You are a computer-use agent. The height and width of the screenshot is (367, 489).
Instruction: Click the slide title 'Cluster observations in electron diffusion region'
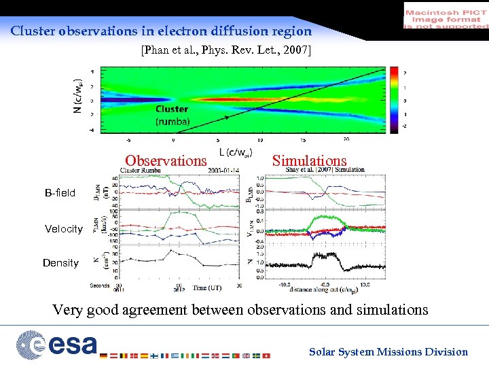click(x=161, y=31)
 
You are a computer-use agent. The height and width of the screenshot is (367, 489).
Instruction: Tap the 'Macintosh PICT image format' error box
click(x=446, y=16)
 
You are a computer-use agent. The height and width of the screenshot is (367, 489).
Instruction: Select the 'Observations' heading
click(x=165, y=161)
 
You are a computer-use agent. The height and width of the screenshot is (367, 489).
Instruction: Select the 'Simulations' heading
click(x=309, y=161)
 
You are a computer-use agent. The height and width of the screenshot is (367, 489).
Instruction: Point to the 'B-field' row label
click(x=60, y=193)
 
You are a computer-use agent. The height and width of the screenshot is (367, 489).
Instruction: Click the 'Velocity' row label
click(x=63, y=229)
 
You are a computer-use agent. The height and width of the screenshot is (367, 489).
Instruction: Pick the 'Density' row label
click(x=60, y=263)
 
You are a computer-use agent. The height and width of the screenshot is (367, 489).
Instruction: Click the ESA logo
click(x=57, y=344)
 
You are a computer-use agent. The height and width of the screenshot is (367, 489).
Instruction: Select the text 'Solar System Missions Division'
click(x=388, y=351)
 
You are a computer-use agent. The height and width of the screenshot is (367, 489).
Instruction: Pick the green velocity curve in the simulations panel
click(x=325, y=219)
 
